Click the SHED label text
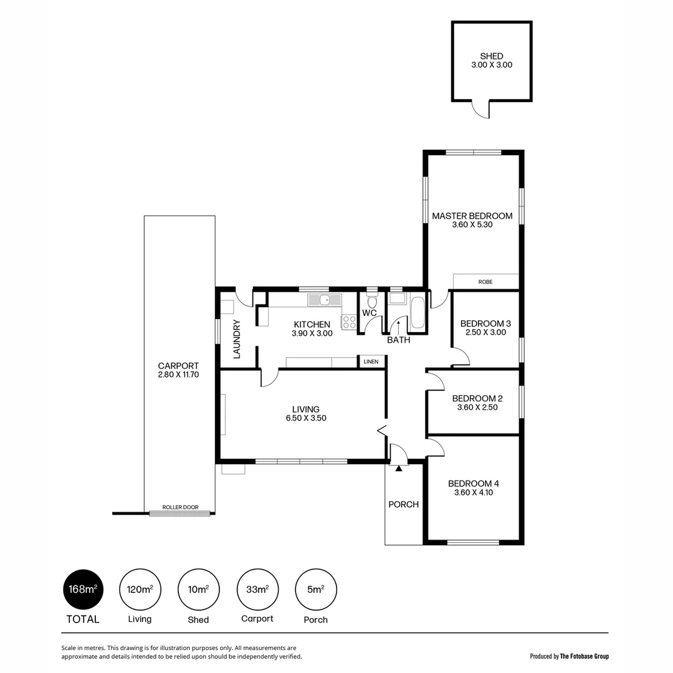point(492,56)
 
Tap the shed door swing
point(481,110)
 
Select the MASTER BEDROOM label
point(472,216)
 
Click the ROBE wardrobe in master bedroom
point(485,282)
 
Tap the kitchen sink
point(324,300)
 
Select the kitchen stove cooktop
point(349,322)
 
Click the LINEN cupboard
point(371,361)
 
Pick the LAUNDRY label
point(237,339)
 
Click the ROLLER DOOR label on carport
point(180,507)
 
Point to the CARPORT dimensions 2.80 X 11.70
point(178,375)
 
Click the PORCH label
point(403,504)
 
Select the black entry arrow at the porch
point(399,468)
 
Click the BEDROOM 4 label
point(473,483)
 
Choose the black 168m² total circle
point(83,589)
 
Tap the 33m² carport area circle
point(257,589)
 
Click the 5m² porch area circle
point(315,589)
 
